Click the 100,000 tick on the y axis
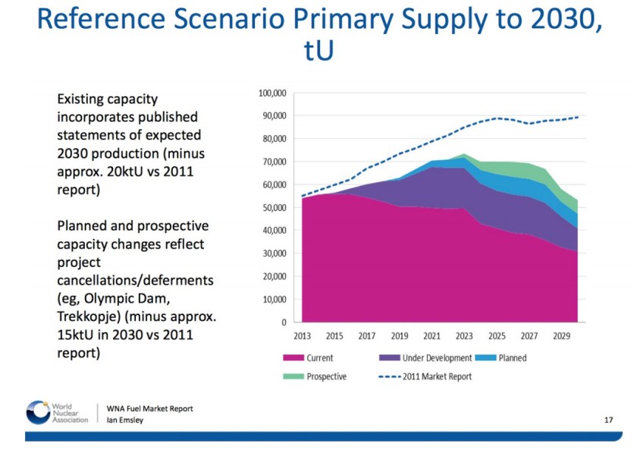coord(271,93)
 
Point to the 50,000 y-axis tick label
coord(273,207)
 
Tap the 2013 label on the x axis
coord(303,335)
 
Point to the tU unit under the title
coord(318,52)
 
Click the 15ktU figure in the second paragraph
coord(80,335)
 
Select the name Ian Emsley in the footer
coord(125,421)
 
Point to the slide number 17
coord(608,419)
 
